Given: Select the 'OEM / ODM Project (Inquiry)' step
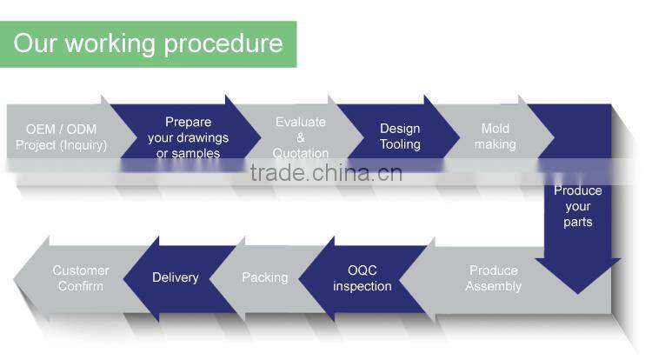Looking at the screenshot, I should pos(61,137).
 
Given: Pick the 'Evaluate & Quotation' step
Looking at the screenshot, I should pos(301,137).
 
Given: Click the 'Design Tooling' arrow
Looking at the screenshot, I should pos(400,137).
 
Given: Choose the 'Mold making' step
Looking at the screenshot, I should pos(495,137).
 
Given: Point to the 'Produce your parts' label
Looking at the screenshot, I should pos(577,206).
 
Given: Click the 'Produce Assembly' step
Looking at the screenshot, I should pos(493,278).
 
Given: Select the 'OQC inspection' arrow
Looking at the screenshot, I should pos(363,278).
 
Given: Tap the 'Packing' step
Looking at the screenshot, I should pos(264,277).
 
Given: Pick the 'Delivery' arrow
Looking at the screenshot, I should pos(176,277).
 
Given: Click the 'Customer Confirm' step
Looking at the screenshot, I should pos(81,278).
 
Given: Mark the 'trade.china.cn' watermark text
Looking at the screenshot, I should pos(326,173).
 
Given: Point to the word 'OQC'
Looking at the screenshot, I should pos(363,270).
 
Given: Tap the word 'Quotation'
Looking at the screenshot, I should pos(301,154).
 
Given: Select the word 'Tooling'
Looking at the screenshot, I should pos(400,144).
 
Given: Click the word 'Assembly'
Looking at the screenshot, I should pos(493,286).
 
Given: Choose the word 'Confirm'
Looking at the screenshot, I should pos(81,286).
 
